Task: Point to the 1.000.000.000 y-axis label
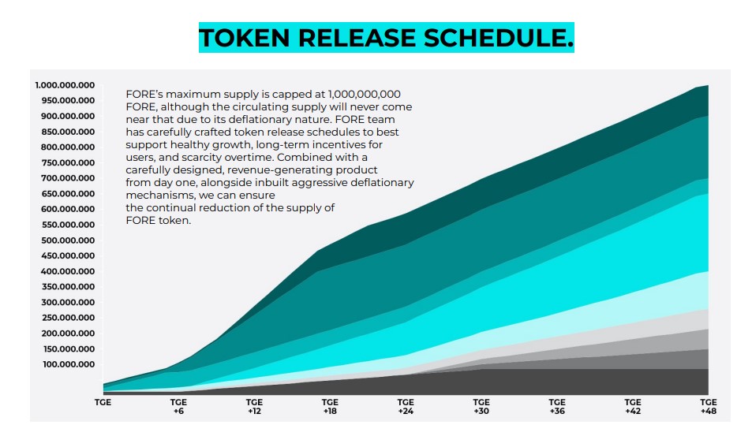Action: [x=65, y=85]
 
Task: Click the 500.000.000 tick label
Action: [x=65, y=240]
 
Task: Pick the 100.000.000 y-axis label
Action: [x=65, y=364]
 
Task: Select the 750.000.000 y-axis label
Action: [x=65, y=162]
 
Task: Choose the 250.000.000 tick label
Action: [x=65, y=318]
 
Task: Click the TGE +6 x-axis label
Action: [x=178, y=406]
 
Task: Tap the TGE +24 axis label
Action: [x=406, y=406]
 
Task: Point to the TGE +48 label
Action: [x=708, y=406]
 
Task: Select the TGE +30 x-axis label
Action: [x=481, y=406]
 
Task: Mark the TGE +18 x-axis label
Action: [x=330, y=406]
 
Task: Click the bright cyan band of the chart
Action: [x=552, y=268]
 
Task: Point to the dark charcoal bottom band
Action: [x=552, y=382]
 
